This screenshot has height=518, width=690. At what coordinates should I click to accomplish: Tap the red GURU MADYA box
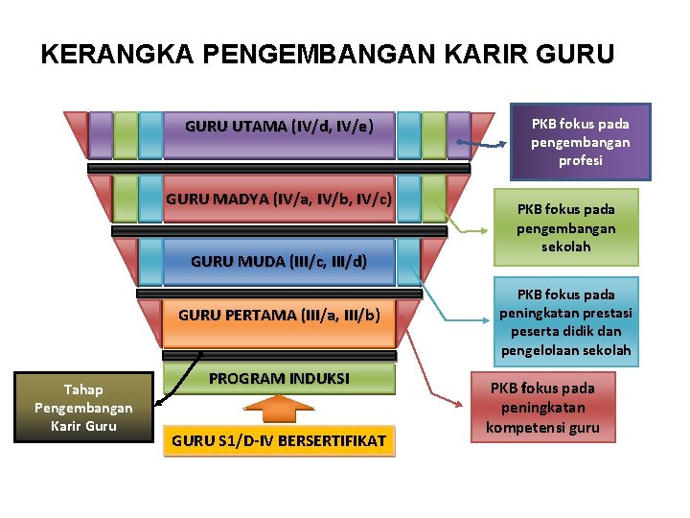click(279, 200)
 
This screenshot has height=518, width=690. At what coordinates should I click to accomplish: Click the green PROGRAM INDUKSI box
click(279, 379)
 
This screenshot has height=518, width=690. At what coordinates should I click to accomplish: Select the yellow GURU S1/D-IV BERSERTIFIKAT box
click(279, 440)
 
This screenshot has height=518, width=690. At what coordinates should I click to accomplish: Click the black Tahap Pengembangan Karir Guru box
click(83, 408)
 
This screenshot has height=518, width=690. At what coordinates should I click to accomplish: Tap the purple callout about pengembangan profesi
click(581, 142)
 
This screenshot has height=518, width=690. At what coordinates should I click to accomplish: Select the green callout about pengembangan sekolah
click(566, 227)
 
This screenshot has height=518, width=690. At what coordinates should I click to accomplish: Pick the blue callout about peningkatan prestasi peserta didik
click(565, 322)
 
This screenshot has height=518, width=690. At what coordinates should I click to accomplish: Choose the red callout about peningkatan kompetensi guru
click(542, 407)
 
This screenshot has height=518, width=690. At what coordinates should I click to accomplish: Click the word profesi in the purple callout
click(581, 161)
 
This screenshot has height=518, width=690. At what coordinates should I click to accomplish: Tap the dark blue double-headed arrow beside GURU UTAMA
click(493, 144)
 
